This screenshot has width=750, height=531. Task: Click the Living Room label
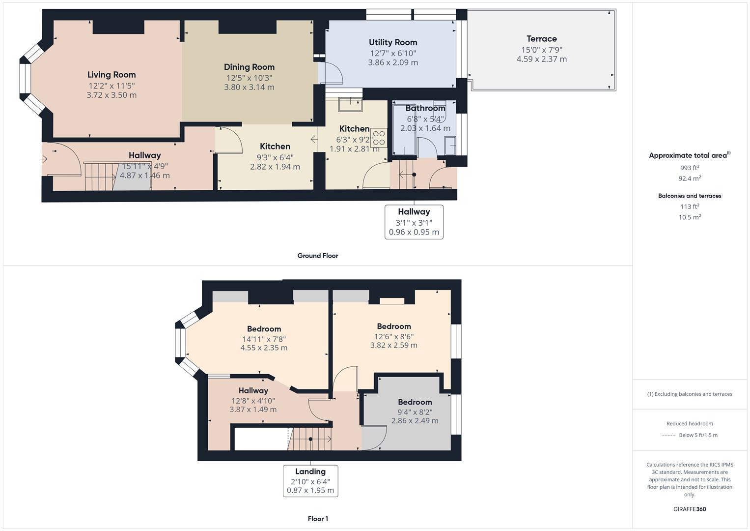111,75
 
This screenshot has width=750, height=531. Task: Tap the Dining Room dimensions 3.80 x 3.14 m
249,88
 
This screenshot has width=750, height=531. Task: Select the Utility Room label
393,42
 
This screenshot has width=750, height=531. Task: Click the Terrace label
541,39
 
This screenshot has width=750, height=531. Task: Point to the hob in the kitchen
379,138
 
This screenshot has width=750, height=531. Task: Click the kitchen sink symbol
350,104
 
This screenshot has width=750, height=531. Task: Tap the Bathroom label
425,108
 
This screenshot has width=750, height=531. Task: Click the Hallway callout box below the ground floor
414,222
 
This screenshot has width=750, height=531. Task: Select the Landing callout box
310,480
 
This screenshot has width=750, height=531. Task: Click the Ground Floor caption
317,256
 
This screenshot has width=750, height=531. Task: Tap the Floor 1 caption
318,519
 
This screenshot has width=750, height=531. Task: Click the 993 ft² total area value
690,168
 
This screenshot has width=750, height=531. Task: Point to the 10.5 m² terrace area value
690,217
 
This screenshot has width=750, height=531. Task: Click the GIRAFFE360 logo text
690,509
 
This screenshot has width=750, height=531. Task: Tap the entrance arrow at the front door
44,159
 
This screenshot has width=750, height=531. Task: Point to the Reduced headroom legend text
690,423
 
